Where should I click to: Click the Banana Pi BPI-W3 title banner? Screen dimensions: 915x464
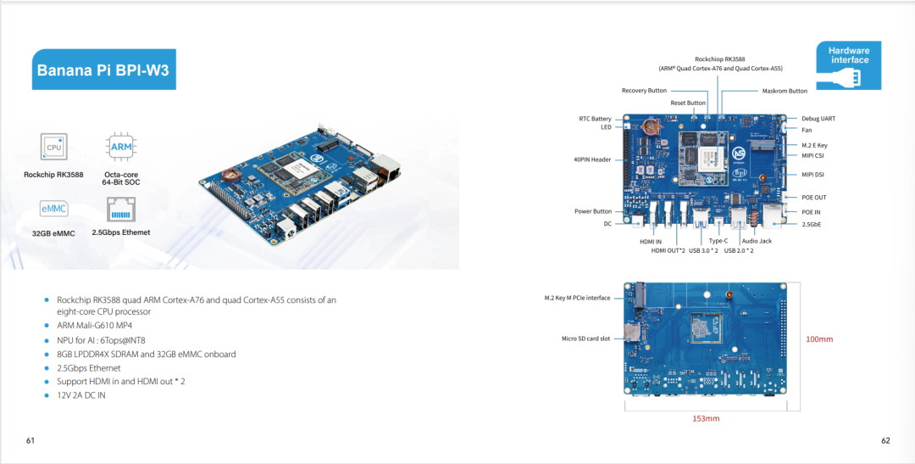pos(104,70)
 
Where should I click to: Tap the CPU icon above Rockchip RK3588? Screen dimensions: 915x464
pos(53,147)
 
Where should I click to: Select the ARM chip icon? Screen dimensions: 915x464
pos(121,147)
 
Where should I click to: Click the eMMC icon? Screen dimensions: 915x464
pos(53,209)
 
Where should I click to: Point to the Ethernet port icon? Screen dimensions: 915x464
pos(121,210)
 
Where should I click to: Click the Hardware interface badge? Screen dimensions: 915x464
pos(848,64)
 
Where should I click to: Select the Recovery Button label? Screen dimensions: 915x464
pos(644,91)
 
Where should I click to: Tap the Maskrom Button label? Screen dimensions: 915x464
pos(785,91)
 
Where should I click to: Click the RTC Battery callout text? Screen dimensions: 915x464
pos(596,119)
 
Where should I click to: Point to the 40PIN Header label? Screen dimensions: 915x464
pos(592,159)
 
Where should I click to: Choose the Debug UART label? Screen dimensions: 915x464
pos(818,119)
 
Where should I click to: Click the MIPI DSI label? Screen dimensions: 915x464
pos(812,175)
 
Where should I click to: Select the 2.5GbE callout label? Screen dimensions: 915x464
pos(811,224)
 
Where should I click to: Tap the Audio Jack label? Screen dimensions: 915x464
pos(757,241)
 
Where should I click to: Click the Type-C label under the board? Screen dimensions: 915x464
pos(718,241)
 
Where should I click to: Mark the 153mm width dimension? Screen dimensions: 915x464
pos(706,418)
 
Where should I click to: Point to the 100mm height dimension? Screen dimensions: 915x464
pos(819,339)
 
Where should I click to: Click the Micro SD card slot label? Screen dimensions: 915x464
pos(586,338)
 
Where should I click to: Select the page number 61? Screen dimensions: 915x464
pos(30,440)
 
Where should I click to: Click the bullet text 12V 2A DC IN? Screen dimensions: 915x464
pos(81,395)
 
